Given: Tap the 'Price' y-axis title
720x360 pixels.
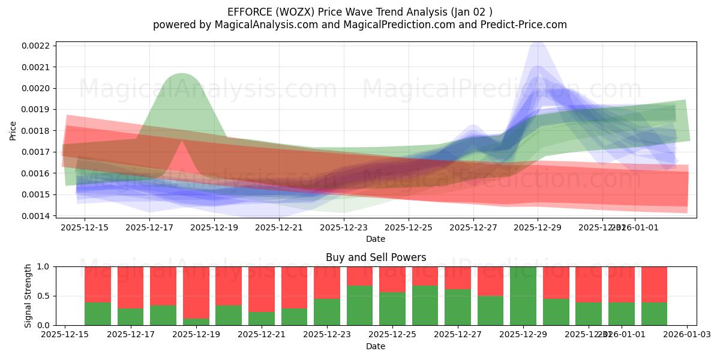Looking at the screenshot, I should pyautogui.click(x=13, y=130).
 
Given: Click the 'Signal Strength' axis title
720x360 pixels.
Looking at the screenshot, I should pyautogui.click(x=28, y=296).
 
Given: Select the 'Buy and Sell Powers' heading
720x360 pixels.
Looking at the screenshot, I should pyautogui.click(x=376, y=257).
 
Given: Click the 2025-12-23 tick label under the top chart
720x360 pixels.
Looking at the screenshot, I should pyautogui.click(x=344, y=227).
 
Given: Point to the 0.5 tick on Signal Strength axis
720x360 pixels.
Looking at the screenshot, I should pyautogui.click(x=44, y=296).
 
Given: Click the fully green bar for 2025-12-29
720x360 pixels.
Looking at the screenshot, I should pyautogui.click(x=523, y=296).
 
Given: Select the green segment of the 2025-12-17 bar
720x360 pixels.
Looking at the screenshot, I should pyautogui.click(x=130, y=316).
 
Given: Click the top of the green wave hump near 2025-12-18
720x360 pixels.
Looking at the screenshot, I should pyautogui.click(x=181, y=74).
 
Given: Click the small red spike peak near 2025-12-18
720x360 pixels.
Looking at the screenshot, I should pyautogui.click(x=182, y=142).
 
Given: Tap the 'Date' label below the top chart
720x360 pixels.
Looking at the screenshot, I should pyautogui.click(x=376, y=239).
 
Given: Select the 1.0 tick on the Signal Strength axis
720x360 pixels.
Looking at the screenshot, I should pyautogui.click(x=44, y=266).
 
